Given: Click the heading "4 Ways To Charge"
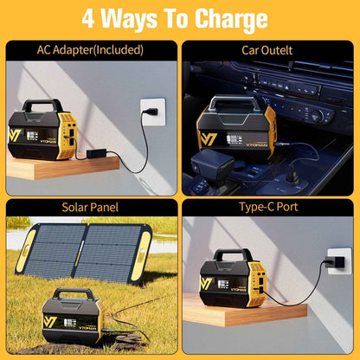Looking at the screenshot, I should [x=180, y=18].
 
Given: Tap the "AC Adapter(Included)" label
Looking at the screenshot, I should [x=90, y=50].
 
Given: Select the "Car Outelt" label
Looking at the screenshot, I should [x=268, y=50].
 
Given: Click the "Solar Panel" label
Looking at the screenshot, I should [x=90, y=208].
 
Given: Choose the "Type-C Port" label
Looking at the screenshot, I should [x=268, y=208].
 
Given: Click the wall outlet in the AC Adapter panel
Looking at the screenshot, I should [x=152, y=112].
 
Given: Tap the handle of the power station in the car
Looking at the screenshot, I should [x=235, y=103].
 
